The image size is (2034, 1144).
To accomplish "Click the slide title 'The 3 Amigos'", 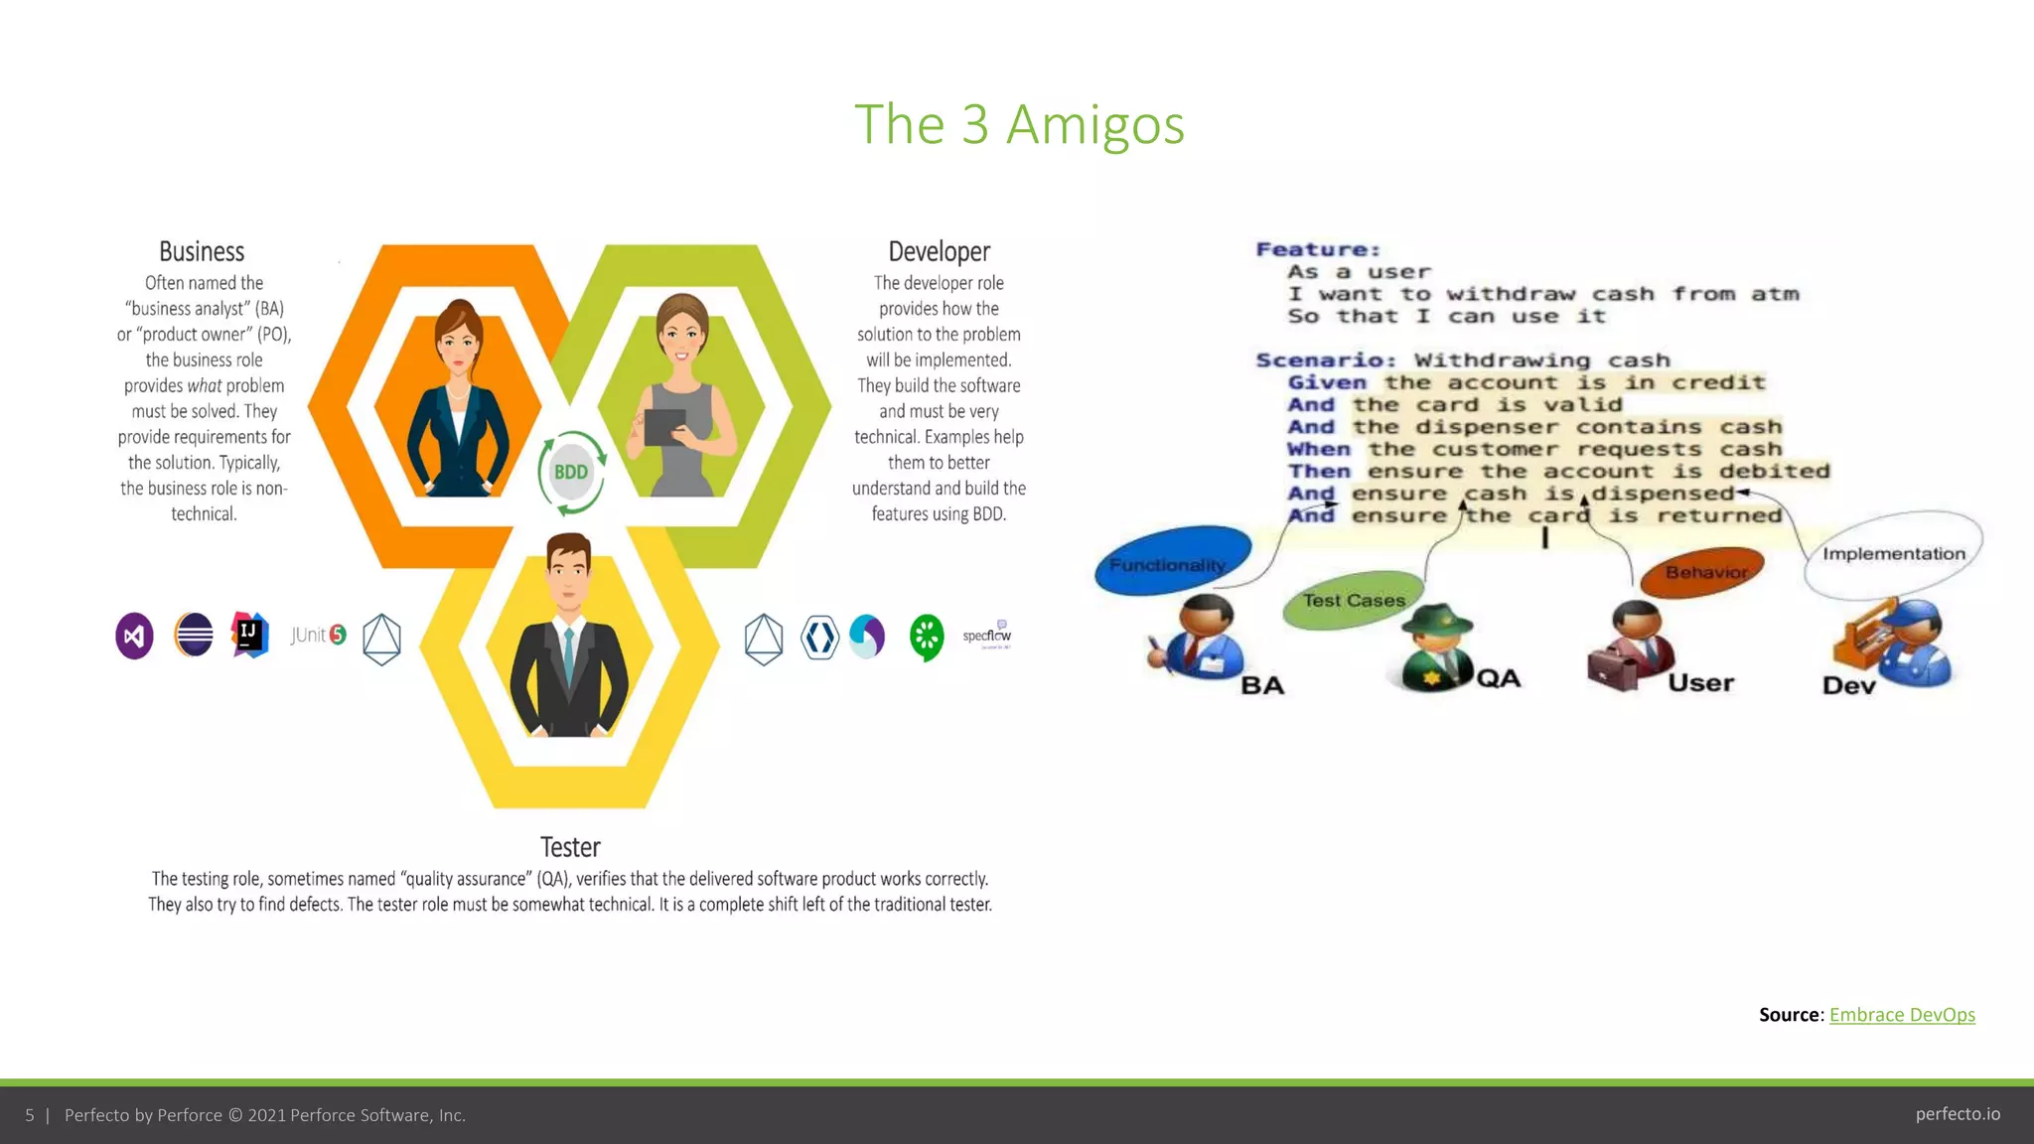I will (1019, 125).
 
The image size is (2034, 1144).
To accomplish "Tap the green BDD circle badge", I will (571, 473).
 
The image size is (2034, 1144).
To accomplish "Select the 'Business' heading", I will (202, 252).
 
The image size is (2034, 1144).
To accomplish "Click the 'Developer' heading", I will (939, 252).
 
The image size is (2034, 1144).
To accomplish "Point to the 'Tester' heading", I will (570, 847).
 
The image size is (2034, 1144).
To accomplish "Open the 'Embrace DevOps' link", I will (1902, 1015).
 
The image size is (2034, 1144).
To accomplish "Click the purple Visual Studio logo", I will (135, 637).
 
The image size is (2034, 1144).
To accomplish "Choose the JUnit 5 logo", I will (319, 636).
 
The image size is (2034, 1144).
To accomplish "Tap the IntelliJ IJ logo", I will (250, 635).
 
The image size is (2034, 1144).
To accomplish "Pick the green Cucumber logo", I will (927, 637).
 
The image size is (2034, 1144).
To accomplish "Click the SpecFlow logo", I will (987, 636).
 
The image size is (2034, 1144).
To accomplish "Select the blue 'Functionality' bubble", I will (1172, 562).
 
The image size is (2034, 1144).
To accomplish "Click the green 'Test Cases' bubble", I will (1354, 600).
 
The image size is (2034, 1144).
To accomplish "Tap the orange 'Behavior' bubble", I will (1704, 572).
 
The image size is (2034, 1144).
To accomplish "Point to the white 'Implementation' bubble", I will (1893, 554).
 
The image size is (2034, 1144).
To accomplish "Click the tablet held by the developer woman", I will (664, 427).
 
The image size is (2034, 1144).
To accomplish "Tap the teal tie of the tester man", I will (568, 655).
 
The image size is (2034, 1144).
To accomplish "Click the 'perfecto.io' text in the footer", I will (1958, 1114).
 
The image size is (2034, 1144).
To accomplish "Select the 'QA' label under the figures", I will (1499, 678).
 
